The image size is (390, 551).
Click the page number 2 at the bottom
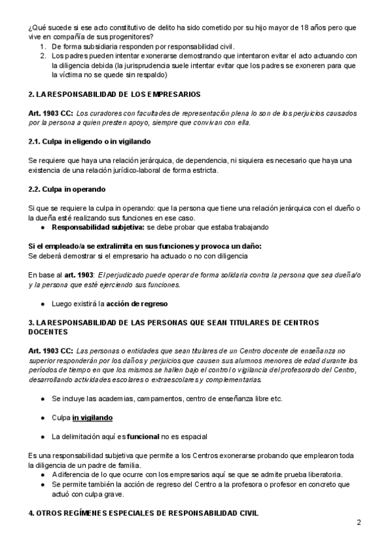coord(359,522)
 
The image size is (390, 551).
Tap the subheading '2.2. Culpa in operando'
coord(67,189)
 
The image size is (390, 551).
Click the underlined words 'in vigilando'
coord(92,417)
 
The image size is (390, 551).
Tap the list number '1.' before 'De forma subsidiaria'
coord(43,47)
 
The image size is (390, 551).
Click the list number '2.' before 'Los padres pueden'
coord(43,56)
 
